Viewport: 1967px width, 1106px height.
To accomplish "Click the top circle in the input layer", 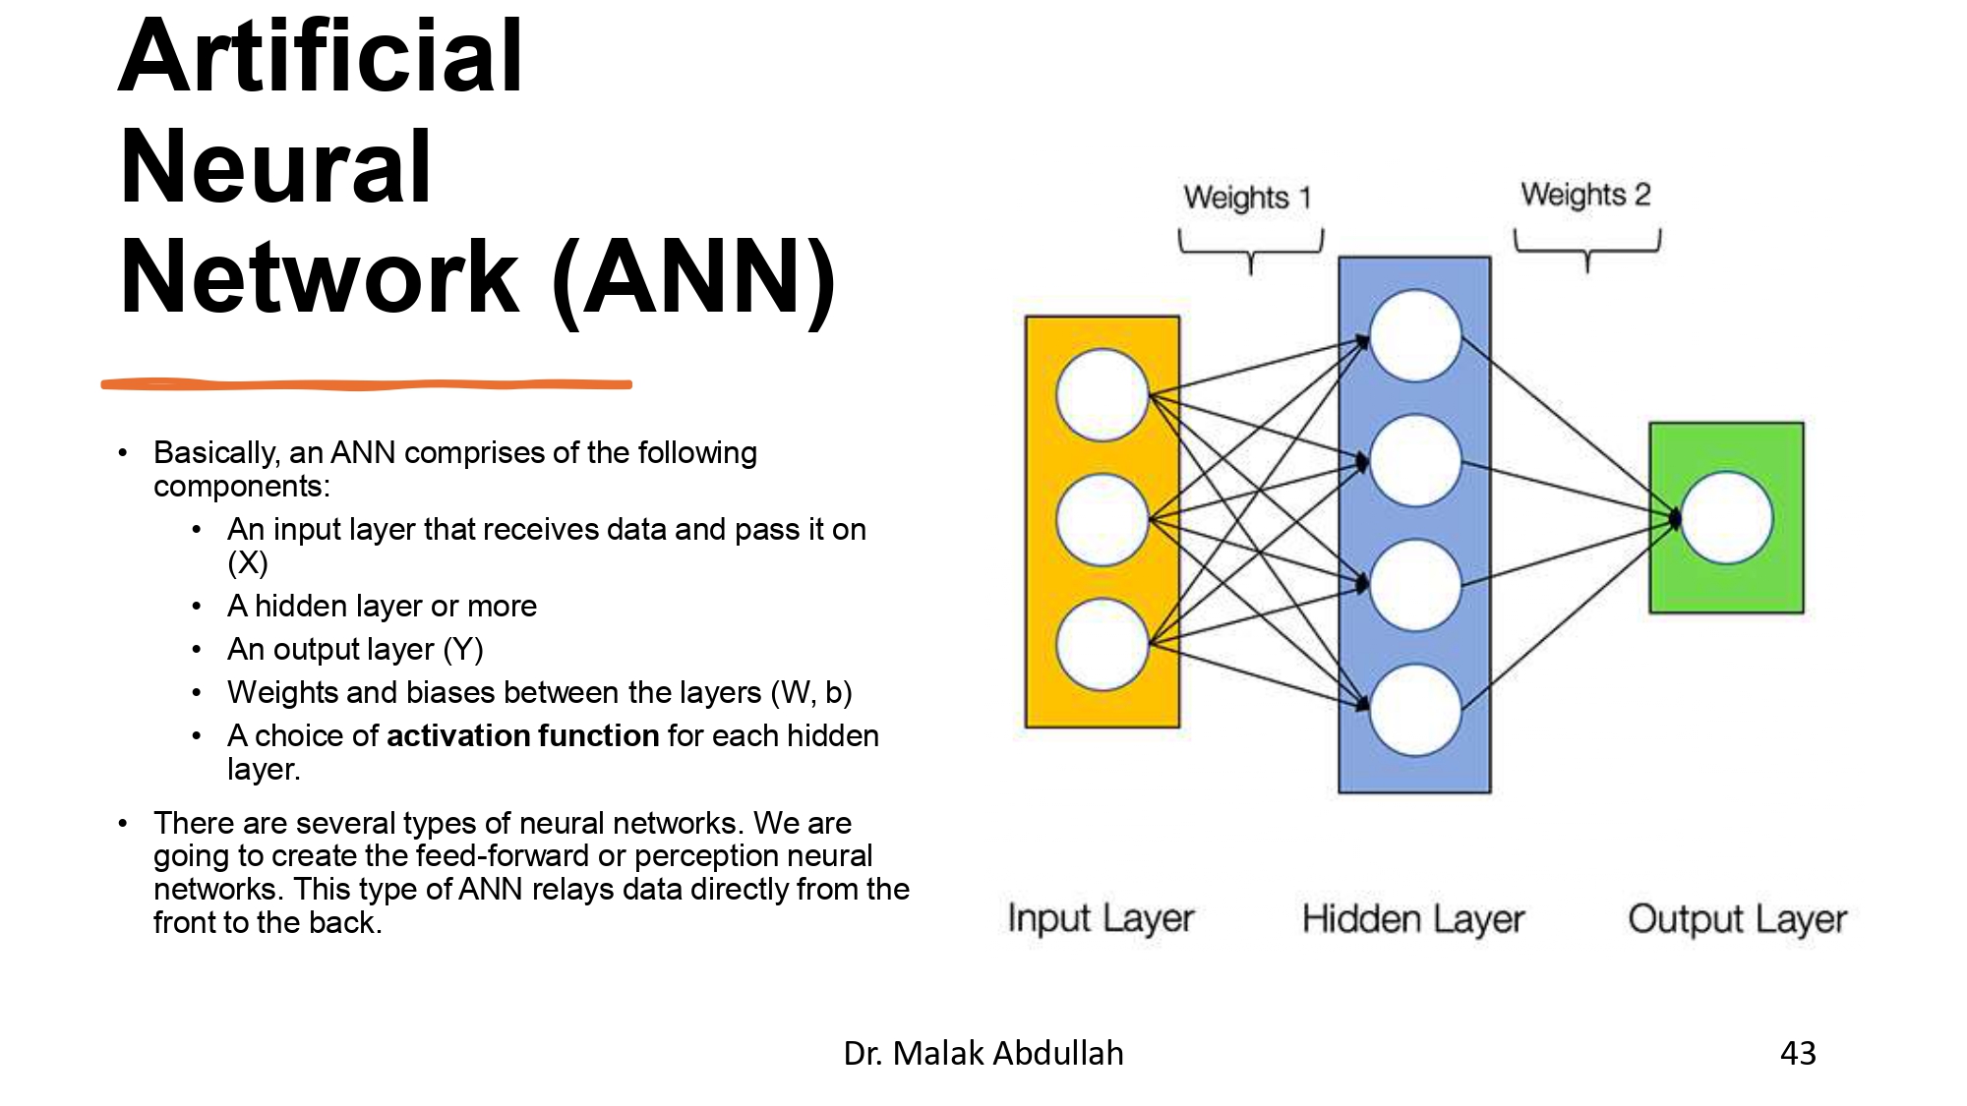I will coord(1102,394).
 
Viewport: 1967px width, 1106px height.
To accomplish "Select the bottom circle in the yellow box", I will coord(1102,645).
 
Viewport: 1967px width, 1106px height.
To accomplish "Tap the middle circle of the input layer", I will coord(1102,519).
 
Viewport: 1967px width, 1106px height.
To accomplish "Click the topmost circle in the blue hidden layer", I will coord(1414,335).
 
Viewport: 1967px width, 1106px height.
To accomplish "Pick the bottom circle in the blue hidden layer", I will coord(1414,709).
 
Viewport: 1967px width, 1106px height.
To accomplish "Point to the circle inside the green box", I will coord(1726,518).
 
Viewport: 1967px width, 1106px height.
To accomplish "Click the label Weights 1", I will coord(1247,198).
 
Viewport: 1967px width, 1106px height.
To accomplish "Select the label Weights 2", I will coord(1585,195).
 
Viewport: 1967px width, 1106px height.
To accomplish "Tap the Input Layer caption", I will coord(1101,918).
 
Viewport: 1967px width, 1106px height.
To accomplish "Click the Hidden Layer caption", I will coord(1413,919).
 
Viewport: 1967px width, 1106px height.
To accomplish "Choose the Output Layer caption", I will coord(1737,919).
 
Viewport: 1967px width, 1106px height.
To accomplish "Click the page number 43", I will coord(1798,1053).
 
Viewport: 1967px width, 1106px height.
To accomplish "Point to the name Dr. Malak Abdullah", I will coord(983,1053).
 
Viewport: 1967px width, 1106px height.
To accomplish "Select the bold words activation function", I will coord(522,735).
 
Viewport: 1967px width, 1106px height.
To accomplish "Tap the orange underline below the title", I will coord(366,384).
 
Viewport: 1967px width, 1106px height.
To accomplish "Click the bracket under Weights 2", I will coord(1587,248).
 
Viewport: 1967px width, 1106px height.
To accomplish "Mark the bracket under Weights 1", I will coord(1251,250).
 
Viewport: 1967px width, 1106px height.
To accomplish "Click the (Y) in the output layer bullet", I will coord(463,649).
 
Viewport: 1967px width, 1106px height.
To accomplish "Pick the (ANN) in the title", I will coord(694,278).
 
